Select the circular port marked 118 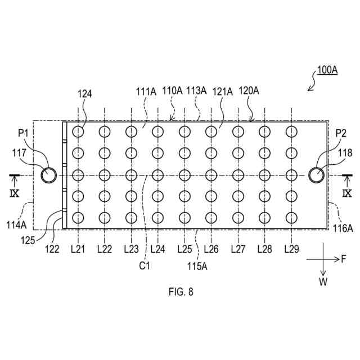point(316,175)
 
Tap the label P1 point(23,133)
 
